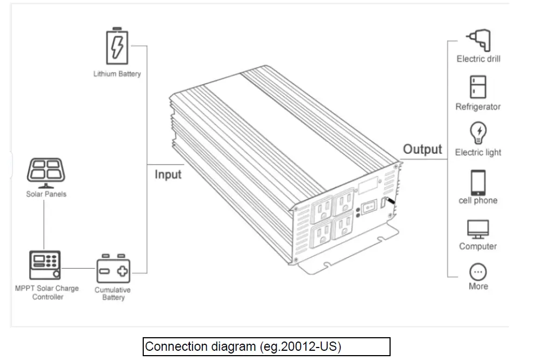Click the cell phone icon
(x=478, y=182)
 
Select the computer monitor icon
(x=478, y=229)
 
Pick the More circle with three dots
(x=478, y=271)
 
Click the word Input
(x=168, y=174)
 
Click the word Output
(x=423, y=149)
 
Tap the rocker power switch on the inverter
(x=369, y=207)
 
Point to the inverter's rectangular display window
(x=367, y=186)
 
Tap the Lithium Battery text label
(x=117, y=74)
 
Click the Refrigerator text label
(x=478, y=107)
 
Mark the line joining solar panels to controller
(x=44, y=223)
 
